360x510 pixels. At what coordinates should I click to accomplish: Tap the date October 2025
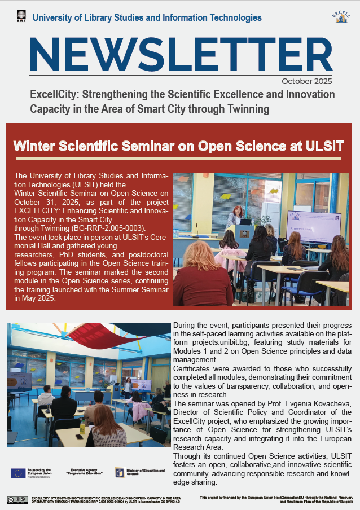[x=306, y=80]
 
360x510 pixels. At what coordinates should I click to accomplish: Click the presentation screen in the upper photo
[x=313, y=225]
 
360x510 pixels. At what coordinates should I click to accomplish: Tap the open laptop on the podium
[x=245, y=222]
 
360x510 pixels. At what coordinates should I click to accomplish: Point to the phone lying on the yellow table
[x=80, y=437]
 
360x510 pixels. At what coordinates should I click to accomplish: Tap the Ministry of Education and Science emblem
[x=119, y=472]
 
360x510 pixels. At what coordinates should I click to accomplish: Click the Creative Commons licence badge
[x=17, y=499]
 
